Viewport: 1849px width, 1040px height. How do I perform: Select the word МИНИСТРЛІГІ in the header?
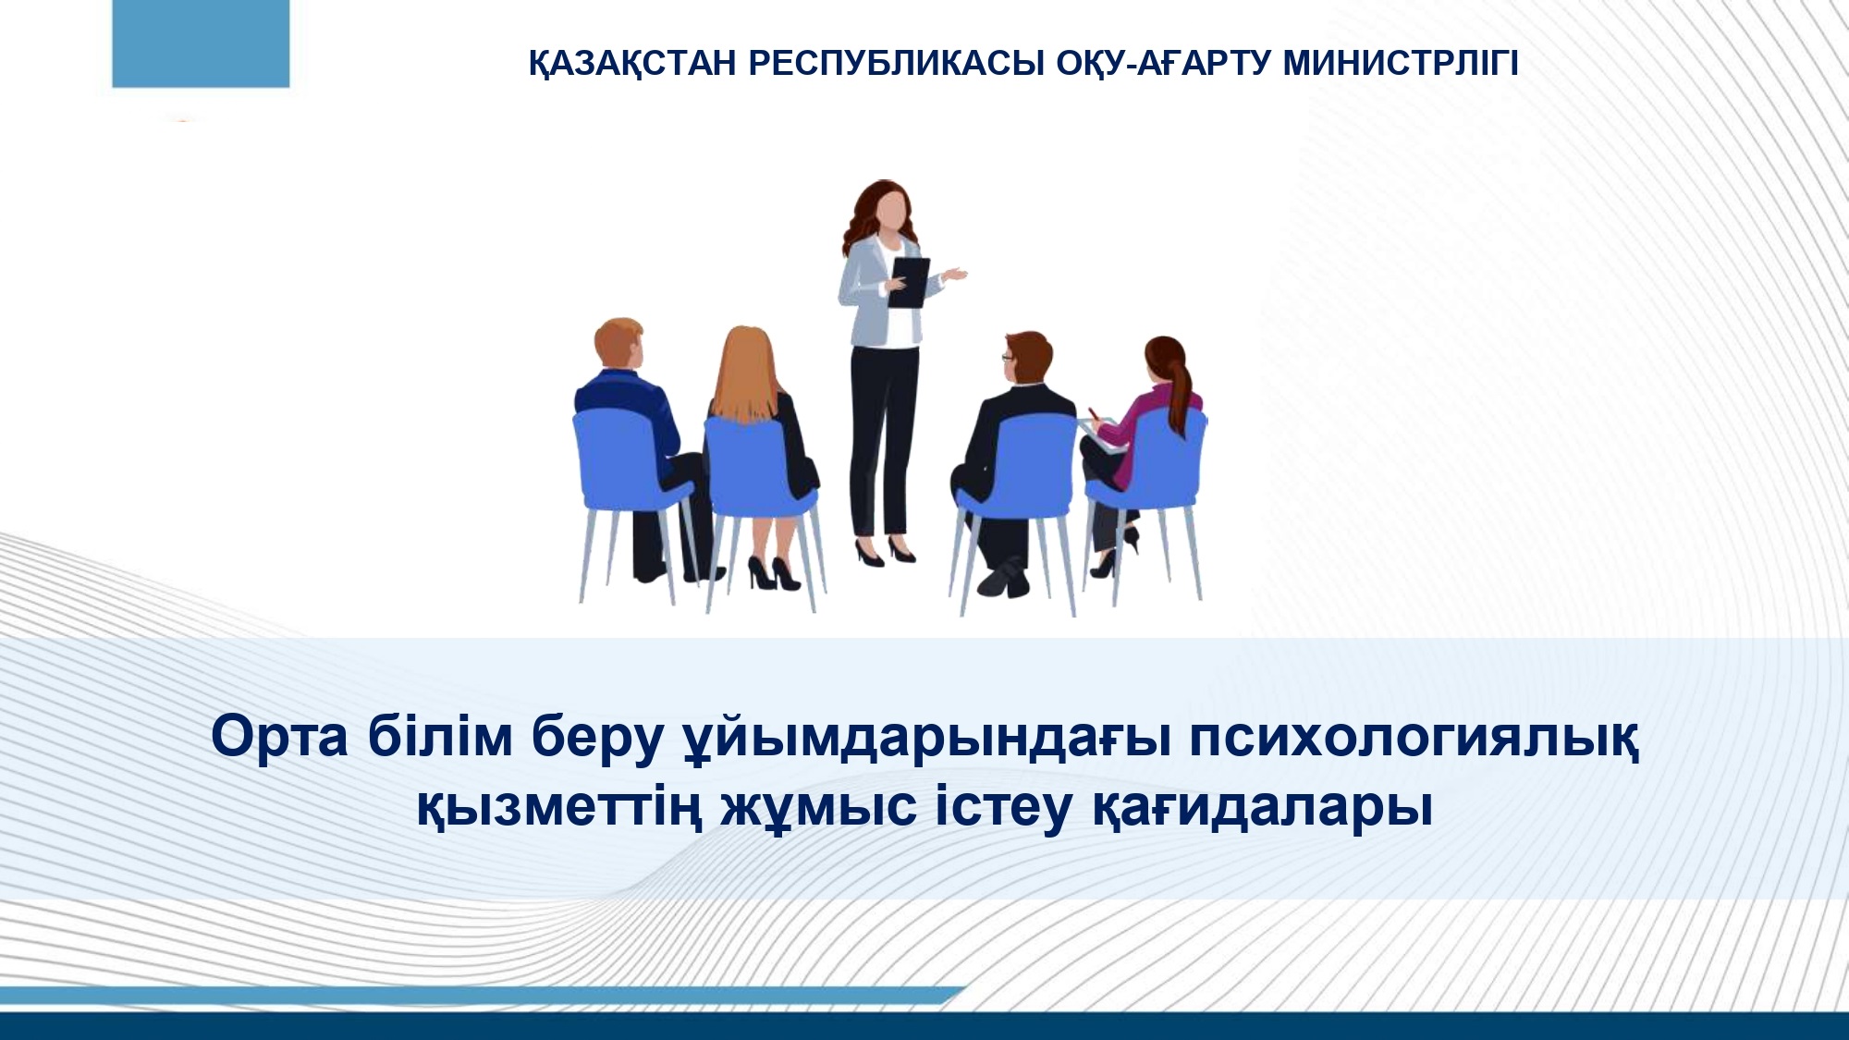tap(1401, 63)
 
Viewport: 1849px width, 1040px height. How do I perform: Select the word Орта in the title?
tap(280, 737)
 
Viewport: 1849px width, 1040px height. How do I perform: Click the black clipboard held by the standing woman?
tap(907, 282)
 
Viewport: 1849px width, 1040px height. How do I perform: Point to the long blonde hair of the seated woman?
tap(744, 375)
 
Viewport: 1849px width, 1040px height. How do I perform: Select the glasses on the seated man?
tap(1008, 356)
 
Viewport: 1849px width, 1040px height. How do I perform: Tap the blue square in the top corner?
tap(201, 43)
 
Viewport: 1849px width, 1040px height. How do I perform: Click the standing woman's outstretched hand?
tap(954, 275)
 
